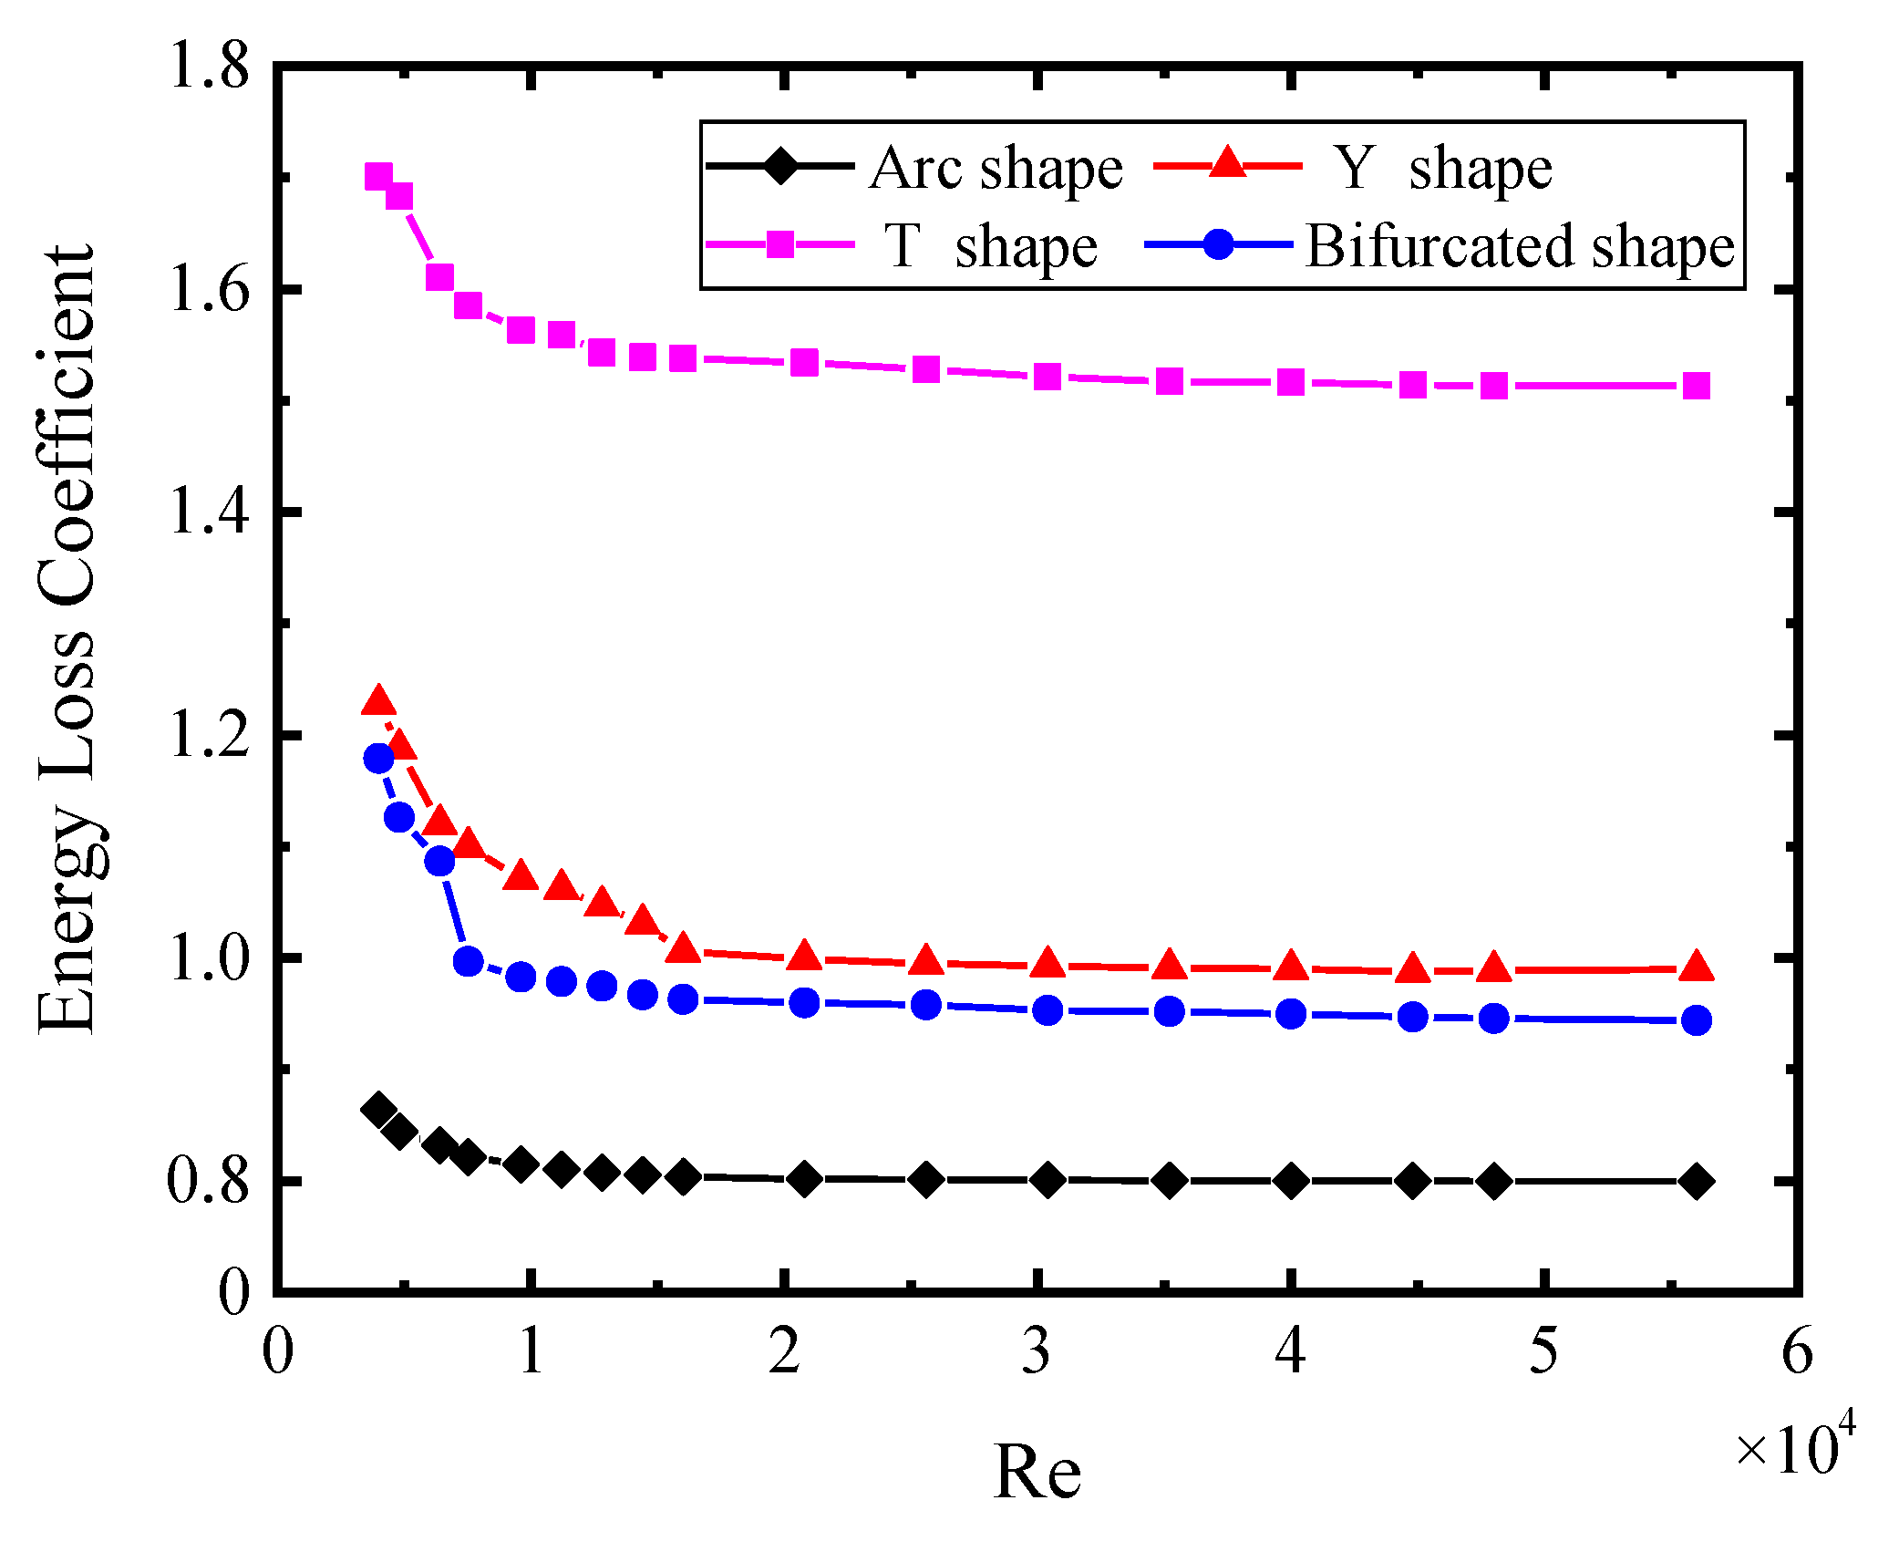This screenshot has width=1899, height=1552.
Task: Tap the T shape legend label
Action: click(x=991, y=246)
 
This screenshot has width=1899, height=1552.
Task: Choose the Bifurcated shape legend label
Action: click(x=1520, y=246)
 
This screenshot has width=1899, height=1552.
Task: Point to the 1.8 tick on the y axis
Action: click(x=209, y=66)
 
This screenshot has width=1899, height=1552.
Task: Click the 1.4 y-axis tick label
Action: click(x=209, y=511)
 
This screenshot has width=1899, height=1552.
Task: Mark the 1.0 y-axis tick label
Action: click(x=209, y=957)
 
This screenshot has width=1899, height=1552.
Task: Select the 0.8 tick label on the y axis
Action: click(x=209, y=1180)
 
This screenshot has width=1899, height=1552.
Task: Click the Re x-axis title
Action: click(x=1037, y=1472)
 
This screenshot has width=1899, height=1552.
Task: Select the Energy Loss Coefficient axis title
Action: click(x=66, y=638)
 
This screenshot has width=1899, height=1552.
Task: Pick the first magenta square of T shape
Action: click(x=378, y=176)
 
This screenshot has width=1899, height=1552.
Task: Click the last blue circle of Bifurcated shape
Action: click(x=1696, y=1020)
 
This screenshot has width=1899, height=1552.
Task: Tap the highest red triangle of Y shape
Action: click(x=378, y=701)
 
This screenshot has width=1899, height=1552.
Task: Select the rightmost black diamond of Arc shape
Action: click(x=1696, y=1181)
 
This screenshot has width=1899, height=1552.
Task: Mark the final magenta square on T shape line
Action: click(x=1696, y=386)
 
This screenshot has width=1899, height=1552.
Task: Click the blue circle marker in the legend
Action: click(x=1219, y=244)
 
